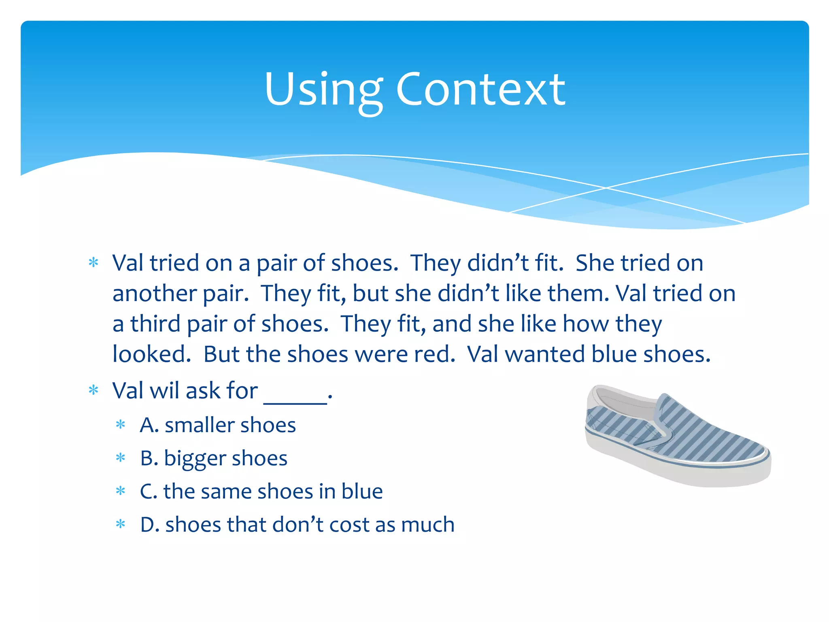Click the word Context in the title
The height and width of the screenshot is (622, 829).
[x=480, y=90]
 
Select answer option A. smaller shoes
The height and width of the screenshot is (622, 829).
[x=218, y=425]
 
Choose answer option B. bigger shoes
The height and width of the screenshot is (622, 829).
[x=213, y=458]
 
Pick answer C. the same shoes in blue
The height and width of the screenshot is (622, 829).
[x=261, y=491]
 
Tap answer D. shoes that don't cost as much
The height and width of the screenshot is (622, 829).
[x=297, y=524]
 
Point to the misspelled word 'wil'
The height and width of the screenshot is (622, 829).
[x=164, y=391]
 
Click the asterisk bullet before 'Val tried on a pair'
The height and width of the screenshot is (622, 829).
[x=94, y=263]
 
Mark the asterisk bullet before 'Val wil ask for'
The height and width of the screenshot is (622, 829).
[x=94, y=391]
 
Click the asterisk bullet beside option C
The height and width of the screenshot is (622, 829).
[x=121, y=492]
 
